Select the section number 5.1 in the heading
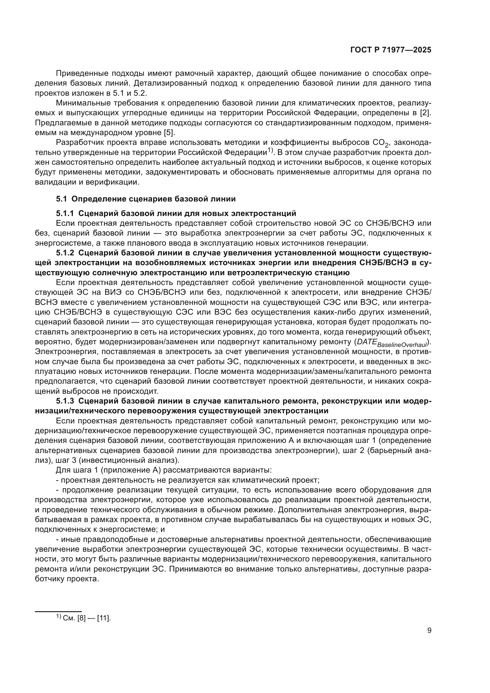(x=62, y=199)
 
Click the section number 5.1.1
(x=65, y=213)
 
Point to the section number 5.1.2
(x=65, y=253)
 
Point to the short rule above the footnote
(x=58, y=612)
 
